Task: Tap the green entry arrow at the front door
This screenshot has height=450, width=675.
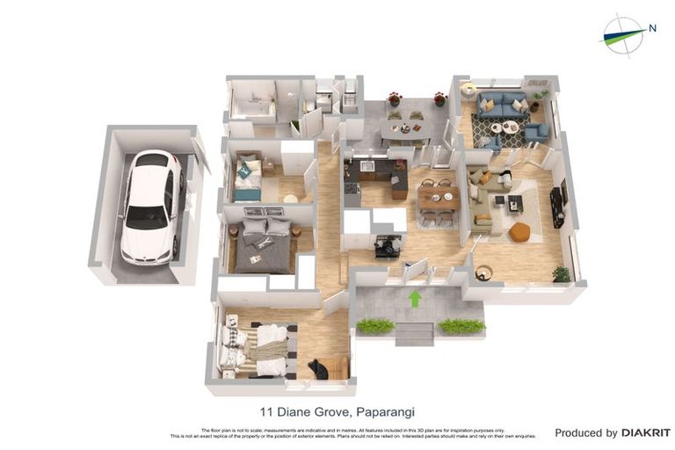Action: coord(415,299)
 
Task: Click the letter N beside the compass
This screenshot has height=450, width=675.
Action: coord(652,28)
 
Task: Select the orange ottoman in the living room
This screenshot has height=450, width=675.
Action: coord(519,232)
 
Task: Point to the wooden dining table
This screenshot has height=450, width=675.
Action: coord(438,198)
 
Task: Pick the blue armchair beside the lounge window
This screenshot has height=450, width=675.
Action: coord(535,132)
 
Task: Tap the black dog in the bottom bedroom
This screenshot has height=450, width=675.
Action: coord(318,369)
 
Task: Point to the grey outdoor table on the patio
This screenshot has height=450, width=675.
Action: coord(404,128)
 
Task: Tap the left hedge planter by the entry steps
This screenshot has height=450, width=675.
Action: coord(375,326)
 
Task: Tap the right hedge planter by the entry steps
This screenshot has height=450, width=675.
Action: coord(461,326)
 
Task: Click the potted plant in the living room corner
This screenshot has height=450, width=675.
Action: coord(561,274)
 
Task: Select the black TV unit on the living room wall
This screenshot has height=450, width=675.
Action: coord(557,207)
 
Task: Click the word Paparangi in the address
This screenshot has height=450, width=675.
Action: coord(381,411)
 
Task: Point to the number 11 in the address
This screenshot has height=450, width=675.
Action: coord(265,411)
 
